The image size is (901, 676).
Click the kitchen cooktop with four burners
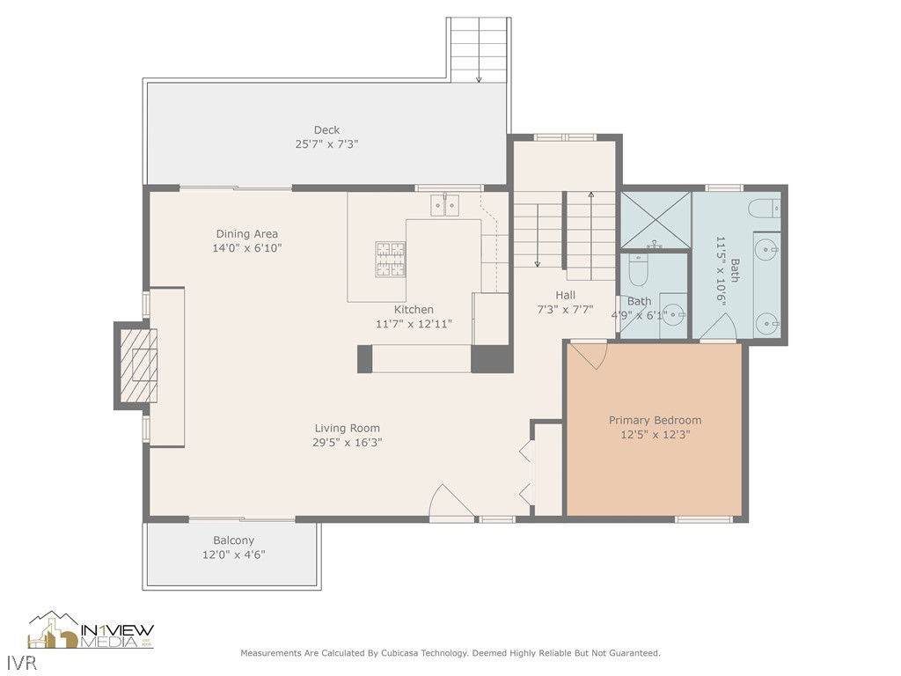click(x=391, y=258)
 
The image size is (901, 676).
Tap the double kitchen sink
click(x=445, y=206)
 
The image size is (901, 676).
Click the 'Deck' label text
click(x=326, y=130)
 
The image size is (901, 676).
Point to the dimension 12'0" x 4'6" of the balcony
click(x=233, y=555)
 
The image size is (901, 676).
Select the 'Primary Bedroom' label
click(x=655, y=421)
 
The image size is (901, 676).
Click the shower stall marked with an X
click(x=656, y=220)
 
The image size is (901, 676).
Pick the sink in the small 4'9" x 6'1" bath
click(x=674, y=314)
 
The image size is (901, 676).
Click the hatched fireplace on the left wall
click(x=137, y=365)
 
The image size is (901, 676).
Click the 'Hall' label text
click(x=565, y=296)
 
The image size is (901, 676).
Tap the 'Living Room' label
click(x=348, y=429)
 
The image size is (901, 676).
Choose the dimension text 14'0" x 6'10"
click(x=247, y=248)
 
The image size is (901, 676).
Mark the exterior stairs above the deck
click(x=479, y=49)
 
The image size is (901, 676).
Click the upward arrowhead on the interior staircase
click(x=590, y=194)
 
